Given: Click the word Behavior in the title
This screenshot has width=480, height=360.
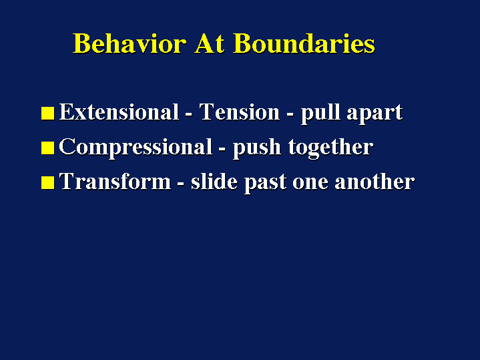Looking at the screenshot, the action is point(130,43).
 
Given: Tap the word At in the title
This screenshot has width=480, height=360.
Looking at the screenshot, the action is point(210,43).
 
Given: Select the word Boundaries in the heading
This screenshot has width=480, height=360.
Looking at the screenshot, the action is point(304,43).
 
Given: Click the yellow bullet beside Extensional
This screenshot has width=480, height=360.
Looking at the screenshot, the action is point(48,113).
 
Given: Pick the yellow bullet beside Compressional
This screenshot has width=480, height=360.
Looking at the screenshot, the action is point(48,148).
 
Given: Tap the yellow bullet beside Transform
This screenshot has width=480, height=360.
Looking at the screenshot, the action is point(48,182).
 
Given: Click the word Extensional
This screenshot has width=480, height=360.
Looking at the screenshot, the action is point(119,112).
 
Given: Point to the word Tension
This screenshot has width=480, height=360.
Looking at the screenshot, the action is point(240,112).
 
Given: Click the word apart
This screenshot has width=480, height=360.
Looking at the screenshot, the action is point(375,114).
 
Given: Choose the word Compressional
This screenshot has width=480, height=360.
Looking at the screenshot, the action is point(136,148).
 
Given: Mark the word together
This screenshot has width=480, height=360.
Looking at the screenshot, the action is point(330,148).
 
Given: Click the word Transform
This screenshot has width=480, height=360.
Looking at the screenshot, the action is point(115,182).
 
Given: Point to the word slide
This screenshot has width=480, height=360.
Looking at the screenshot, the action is point(214,182).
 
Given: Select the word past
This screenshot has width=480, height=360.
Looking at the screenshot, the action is point(266,183).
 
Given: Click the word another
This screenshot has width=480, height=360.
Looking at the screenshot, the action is point(375,182).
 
